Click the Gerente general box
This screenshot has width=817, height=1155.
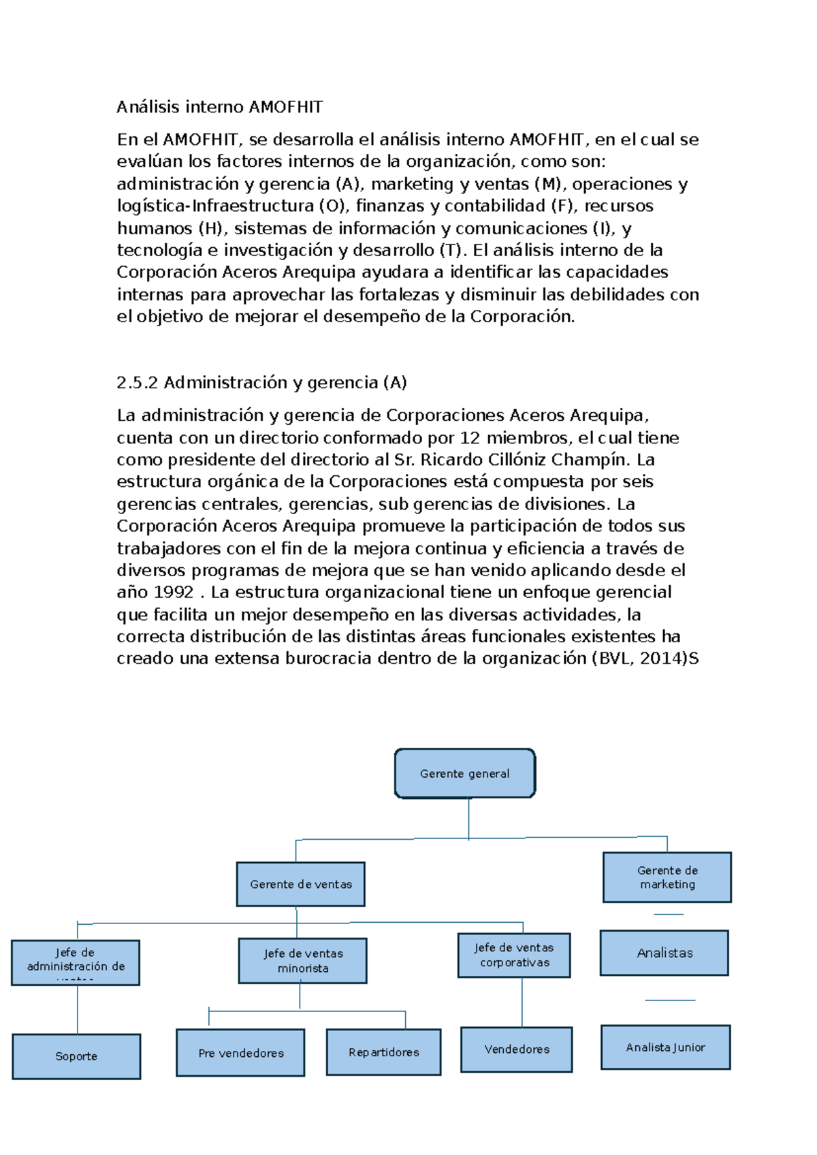(x=465, y=773)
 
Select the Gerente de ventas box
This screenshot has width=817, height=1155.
(x=301, y=884)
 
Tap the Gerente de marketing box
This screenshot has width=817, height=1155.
(x=667, y=877)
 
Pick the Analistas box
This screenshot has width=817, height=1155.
(x=664, y=953)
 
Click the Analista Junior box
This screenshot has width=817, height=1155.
(x=665, y=1047)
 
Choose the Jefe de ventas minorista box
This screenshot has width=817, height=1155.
(x=303, y=961)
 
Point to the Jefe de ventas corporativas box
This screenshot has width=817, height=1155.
(x=514, y=955)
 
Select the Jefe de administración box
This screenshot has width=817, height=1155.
(x=76, y=962)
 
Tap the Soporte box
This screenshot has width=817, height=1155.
(x=76, y=1056)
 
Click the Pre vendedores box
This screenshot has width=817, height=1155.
(x=240, y=1053)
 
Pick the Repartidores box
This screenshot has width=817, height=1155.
(x=384, y=1052)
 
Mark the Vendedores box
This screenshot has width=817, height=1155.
(x=517, y=1049)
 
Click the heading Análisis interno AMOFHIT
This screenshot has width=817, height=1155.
(x=219, y=107)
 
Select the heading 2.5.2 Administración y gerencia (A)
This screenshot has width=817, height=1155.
(x=261, y=383)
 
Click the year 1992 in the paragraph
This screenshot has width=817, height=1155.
(x=174, y=592)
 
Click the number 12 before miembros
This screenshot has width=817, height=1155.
(x=470, y=437)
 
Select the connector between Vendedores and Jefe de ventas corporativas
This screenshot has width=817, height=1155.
(x=522, y=1002)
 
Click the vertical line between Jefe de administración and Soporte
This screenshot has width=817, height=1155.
(x=78, y=1009)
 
